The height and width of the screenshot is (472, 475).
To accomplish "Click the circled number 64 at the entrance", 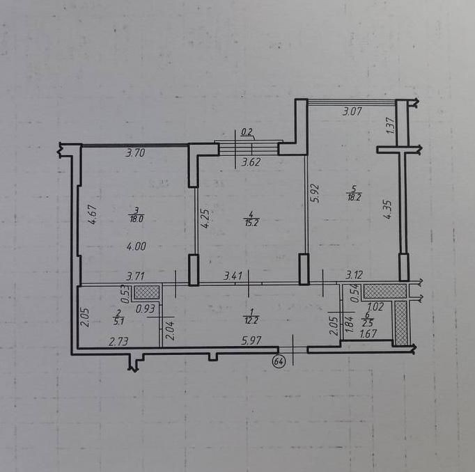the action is [x=279, y=361].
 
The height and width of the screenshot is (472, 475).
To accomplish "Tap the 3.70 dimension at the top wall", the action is [x=135, y=153].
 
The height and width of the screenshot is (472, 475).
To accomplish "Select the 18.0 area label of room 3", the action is [x=137, y=219].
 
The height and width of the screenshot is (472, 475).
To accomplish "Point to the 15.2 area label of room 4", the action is [x=251, y=223].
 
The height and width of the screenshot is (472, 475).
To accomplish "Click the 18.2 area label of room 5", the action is [x=354, y=198].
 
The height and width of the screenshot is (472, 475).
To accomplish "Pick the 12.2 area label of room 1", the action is [x=251, y=320].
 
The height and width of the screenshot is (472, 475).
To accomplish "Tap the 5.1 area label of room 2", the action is [x=118, y=322].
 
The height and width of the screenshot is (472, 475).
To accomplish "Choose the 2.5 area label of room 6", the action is [x=368, y=323].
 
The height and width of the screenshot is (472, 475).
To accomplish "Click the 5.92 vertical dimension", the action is [x=316, y=194].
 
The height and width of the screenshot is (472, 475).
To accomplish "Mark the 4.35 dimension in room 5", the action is [x=387, y=210].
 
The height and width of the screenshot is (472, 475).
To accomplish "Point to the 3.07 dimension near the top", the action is [x=352, y=111].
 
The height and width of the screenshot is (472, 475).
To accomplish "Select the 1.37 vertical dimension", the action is [x=391, y=125].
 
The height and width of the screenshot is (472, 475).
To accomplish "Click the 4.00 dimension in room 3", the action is [x=137, y=246].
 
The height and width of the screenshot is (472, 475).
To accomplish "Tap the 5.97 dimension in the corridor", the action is [x=251, y=341].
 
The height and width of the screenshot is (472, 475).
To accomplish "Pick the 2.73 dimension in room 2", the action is [x=118, y=342].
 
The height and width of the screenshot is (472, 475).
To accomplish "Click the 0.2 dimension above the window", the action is [x=247, y=132].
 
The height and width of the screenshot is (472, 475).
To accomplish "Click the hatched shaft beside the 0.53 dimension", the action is [x=147, y=292].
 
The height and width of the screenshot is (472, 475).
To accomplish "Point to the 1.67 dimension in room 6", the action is [x=368, y=333].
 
